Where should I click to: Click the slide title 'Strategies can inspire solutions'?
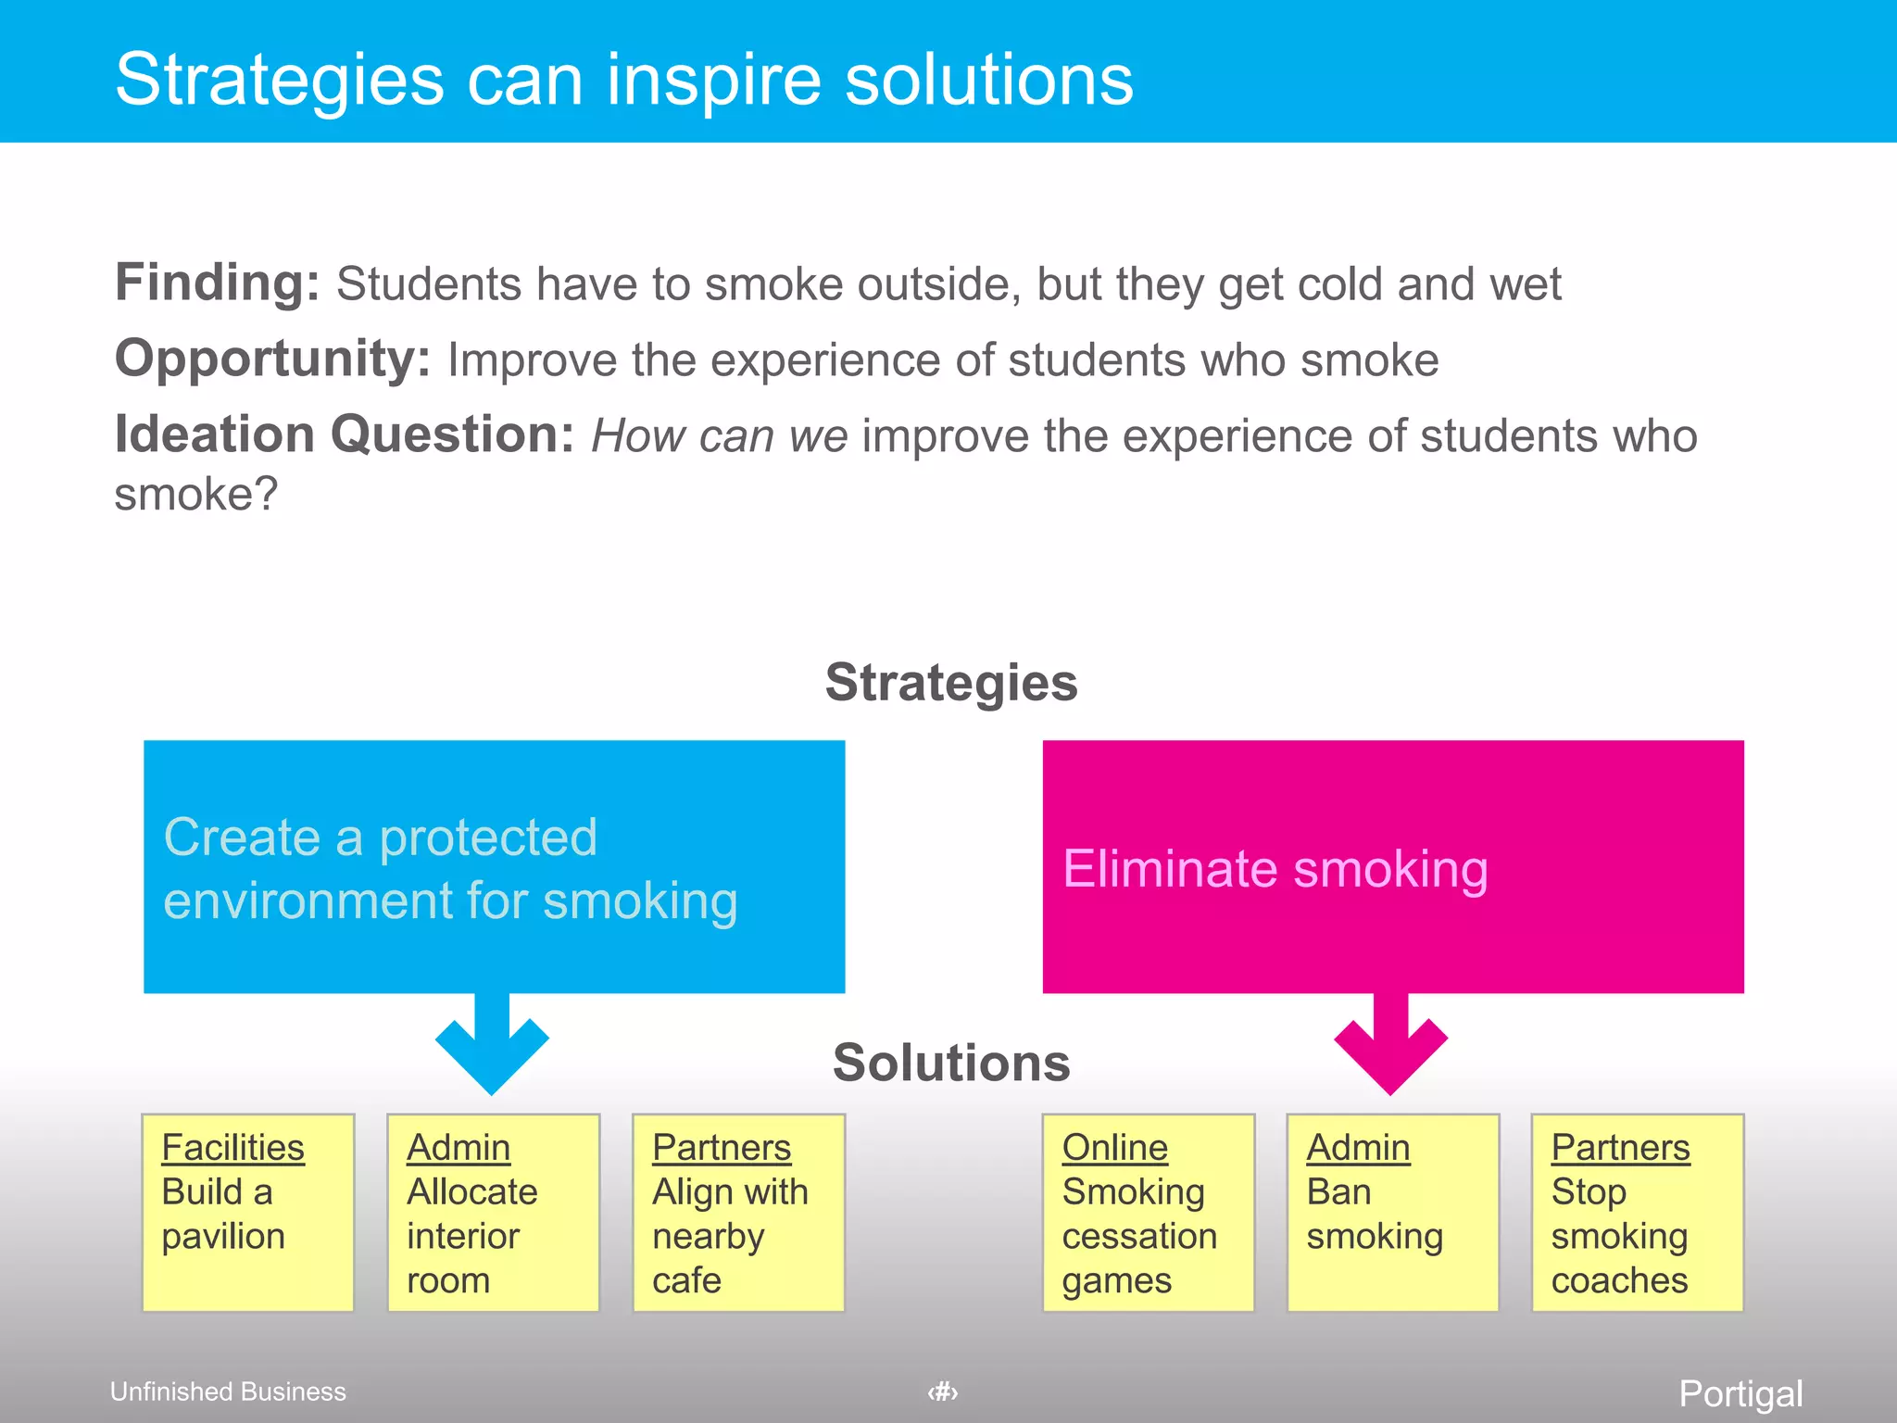[x=623, y=80]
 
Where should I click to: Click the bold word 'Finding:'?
[x=217, y=283]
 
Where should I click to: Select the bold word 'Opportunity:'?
[x=272, y=359]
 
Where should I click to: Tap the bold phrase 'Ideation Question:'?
[x=344, y=434]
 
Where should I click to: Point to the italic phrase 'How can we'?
[x=719, y=435]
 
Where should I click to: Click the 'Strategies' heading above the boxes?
[x=951, y=683]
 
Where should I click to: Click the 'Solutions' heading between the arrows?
[x=951, y=1063]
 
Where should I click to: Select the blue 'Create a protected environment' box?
[x=494, y=866]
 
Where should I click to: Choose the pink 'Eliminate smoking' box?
[x=1392, y=866]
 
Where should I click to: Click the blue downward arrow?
[x=492, y=1047]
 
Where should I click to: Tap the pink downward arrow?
[x=1390, y=1047]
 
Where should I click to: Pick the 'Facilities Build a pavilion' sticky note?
[x=247, y=1212]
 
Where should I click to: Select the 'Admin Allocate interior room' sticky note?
[x=493, y=1212]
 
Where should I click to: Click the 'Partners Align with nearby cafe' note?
[x=738, y=1212]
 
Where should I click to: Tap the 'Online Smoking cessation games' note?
[x=1148, y=1212]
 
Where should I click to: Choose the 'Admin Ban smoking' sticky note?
[x=1392, y=1212]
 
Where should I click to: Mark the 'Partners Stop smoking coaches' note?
[x=1637, y=1212]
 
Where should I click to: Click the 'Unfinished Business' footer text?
[x=228, y=1392]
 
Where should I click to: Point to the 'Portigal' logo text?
[x=1740, y=1393]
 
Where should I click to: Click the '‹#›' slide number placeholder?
[x=943, y=1392]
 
